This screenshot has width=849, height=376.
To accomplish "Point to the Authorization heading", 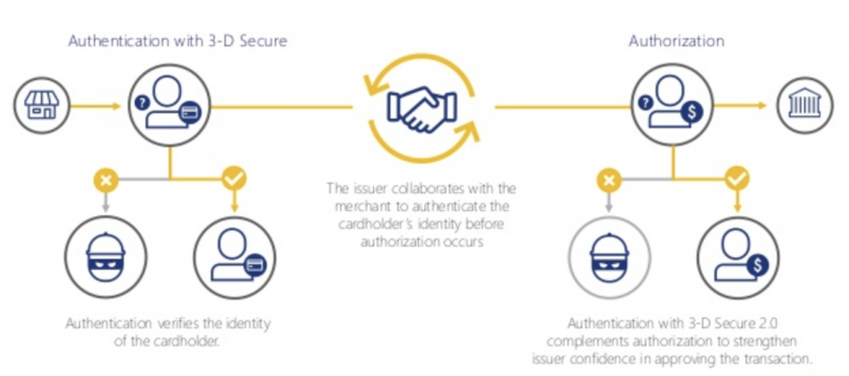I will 676,41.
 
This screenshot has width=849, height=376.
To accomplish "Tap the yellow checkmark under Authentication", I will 234,176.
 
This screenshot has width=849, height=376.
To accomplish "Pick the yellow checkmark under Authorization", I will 736,176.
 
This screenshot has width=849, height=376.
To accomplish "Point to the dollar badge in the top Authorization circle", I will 694,112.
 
